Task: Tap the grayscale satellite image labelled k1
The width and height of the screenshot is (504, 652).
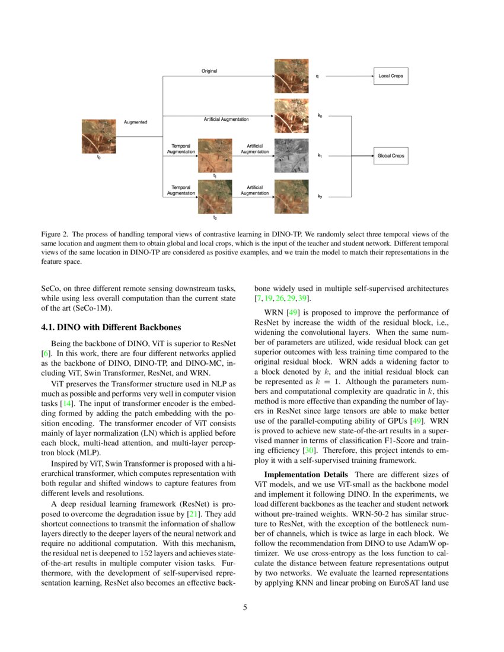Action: (291, 155)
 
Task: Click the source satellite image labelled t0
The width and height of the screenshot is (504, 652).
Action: (98, 136)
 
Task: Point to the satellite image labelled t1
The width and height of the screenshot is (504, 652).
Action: (215, 155)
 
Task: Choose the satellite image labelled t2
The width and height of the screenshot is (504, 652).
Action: (215, 196)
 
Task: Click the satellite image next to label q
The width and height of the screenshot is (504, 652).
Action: (291, 76)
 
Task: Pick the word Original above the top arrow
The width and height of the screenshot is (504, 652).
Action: (209, 71)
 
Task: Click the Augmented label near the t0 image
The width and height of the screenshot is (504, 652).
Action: (135, 122)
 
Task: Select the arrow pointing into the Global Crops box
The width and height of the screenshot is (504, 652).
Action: (363, 156)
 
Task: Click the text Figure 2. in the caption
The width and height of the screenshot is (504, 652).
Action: (54, 234)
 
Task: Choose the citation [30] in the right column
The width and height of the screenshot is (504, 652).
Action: (308, 450)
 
